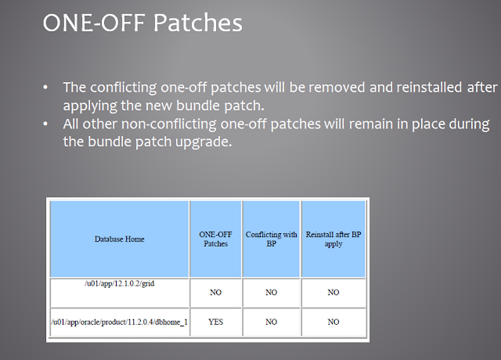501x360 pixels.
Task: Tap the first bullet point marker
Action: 49,87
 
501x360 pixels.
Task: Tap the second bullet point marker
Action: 49,125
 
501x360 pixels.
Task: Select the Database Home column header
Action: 120,239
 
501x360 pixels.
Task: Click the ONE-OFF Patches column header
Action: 215,239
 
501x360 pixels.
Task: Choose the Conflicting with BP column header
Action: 271,239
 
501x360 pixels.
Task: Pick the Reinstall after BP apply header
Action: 333,239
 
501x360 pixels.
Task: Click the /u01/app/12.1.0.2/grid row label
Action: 120,283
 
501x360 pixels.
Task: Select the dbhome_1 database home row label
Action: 120,322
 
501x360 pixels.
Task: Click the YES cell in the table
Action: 215,322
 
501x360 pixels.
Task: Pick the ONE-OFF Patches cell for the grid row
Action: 215,292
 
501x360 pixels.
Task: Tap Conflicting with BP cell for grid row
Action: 271,292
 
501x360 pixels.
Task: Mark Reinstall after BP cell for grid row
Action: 333,292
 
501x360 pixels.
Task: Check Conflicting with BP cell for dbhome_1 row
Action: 271,322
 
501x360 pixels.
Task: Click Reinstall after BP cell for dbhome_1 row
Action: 333,322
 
